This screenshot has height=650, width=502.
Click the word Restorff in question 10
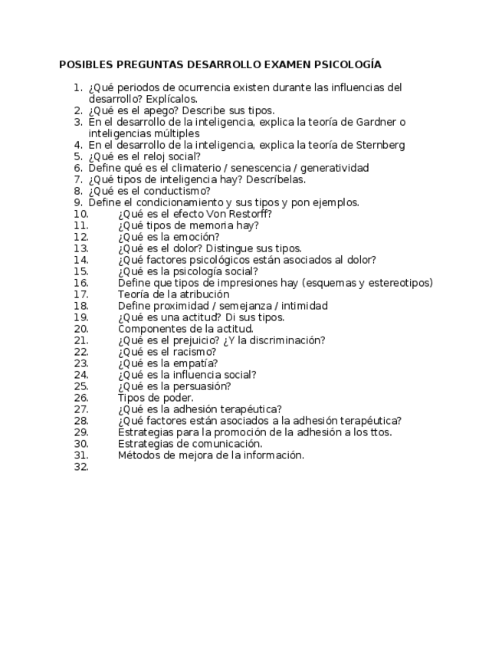coord(248,214)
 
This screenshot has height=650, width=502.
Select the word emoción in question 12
coord(197,237)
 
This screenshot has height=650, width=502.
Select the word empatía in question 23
coord(195,363)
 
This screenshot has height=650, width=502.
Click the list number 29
coord(81,432)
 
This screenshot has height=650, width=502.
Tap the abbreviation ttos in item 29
coord(378,432)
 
